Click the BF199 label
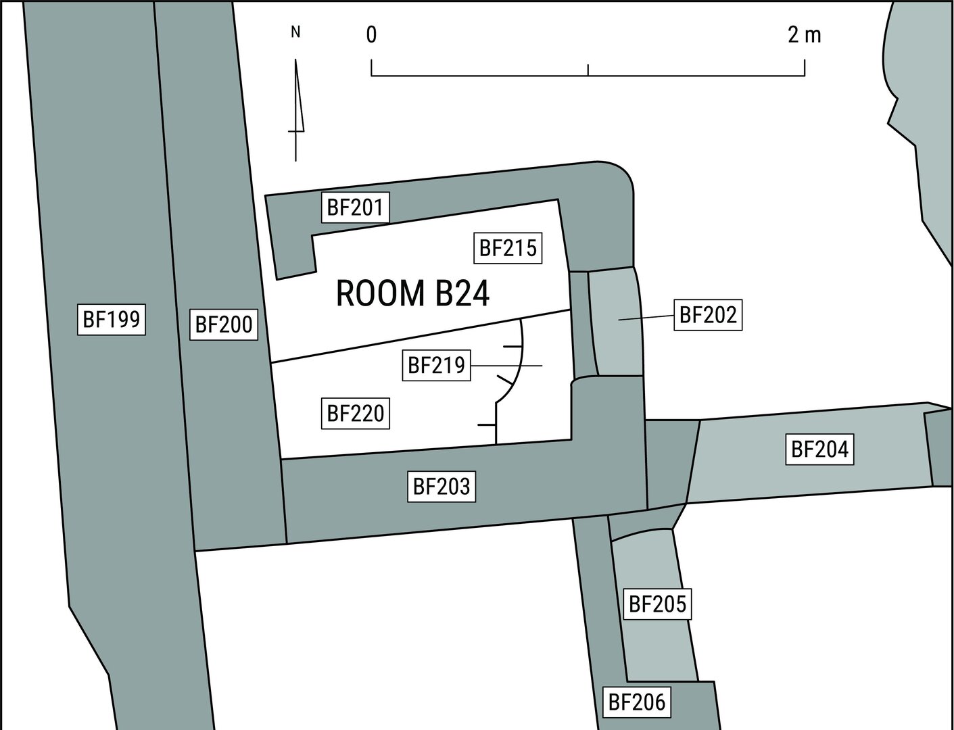pyautogui.click(x=112, y=320)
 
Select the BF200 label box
pyautogui.click(x=224, y=324)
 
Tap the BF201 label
pyautogui.click(x=356, y=208)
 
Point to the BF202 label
pyautogui.click(x=708, y=315)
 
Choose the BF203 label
pyautogui.click(x=442, y=486)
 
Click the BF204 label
pyautogui.click(x=819, y=449)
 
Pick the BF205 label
pyautogui.click(x=658, y=604)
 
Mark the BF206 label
pyautogui.click(x=637, y=702)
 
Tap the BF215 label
pyautogui.click(x=508, y=248)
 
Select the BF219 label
pyautogui.click(x=436, y=366)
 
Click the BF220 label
pyautogui.click(x=356, y=413)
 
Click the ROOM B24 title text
pyautogui.click(x=413, y=294)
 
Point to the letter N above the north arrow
pyautogui.click(x=295, y=32)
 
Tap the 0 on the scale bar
pyautogui.click(x=371, y=34)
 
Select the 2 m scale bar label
pyautogui.click(x=805, y=34)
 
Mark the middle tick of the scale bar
pyautogui.click(x=588, y=70)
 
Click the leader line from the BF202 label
pyautogui.click(x=646, y=318)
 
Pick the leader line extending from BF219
pyautogui.click(x=506, y=366)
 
